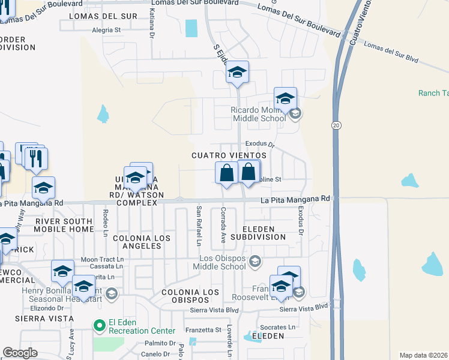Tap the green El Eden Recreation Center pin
pos(98,325)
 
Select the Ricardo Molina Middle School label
pos(259,114)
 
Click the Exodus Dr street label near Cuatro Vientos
pos(259,145)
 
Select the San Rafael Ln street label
pos(199,226)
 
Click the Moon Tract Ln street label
pos(101,260)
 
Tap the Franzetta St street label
pos(202,330)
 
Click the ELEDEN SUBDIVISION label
pos(264,233)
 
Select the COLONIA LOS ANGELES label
pos(142,238)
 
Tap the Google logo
pos(20,353)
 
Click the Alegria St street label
pos(106,29)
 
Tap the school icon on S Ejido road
pos(237,73)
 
